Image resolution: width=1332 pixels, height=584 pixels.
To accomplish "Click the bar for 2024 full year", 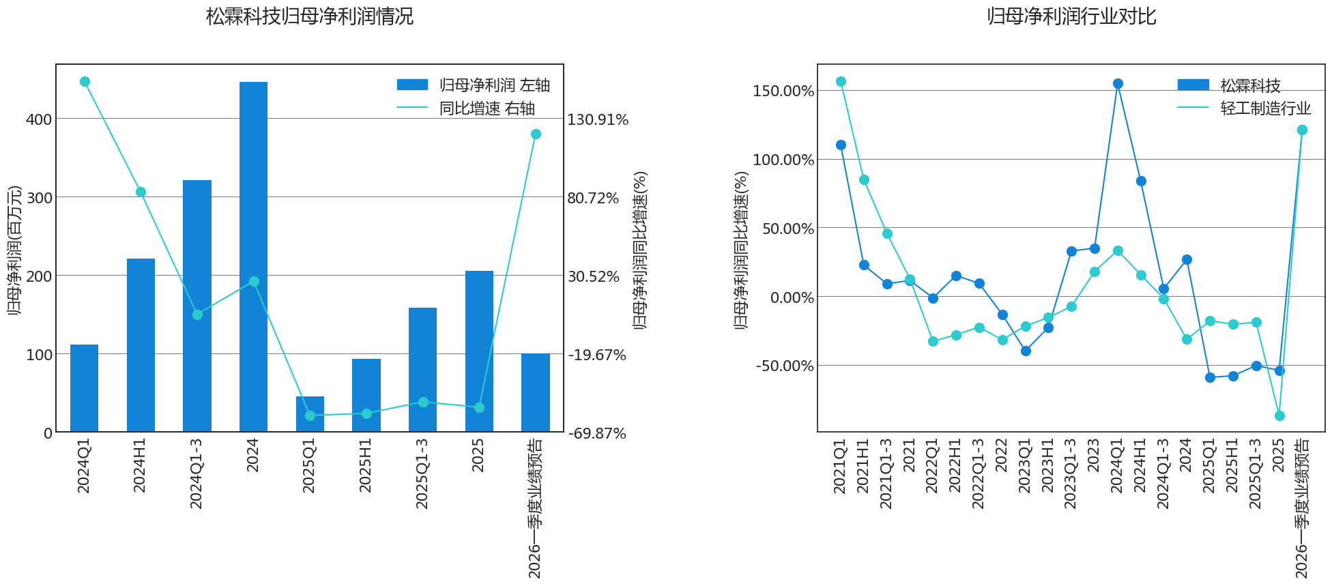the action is pyautogui.click(x=253, y=257).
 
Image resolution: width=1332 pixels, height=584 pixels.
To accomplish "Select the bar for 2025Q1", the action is pyautogui.click(x=310, y=414).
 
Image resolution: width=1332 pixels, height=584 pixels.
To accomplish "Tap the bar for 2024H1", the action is pyautogui.click(x=141, y=345).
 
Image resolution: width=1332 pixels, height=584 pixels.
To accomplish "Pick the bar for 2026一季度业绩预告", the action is pyautogui.click(x=536, y=392).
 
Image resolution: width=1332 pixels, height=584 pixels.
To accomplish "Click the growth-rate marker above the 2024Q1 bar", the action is pyautogui.click(x=85, y=81).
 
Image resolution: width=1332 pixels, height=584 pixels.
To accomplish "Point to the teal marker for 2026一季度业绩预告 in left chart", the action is pyautogui.click(x=536, y=134).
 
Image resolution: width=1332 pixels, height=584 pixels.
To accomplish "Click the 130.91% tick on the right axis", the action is pyautogui.click(x=598, y=119).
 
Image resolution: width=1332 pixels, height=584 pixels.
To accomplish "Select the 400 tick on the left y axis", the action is pyautogui.click(x=39, y=119).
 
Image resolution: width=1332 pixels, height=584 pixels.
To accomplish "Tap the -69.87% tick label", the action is pyautogui.click(x=596, y=433).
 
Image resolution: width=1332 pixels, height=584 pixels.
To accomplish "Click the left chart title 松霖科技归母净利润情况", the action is pyautogui.click(x=310, y=16).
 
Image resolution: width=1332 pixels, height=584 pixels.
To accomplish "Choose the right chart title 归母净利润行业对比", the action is pyautogui.click(x=1071, y=16).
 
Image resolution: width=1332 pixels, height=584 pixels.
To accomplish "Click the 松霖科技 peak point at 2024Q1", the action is pyautogui.click(x=1118, y=83).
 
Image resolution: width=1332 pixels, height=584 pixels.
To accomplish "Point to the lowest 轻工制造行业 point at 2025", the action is pyautogui.click(x=1279, y=415).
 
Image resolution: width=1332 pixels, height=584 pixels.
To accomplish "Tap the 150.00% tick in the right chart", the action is pyautogui.click(x=783, y=91).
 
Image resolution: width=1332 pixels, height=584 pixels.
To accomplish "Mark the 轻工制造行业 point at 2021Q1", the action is pyautogui.click(x=841, y=81).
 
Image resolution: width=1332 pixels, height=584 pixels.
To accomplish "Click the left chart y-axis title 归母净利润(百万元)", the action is pyautogui.click(x=14, y=250).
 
